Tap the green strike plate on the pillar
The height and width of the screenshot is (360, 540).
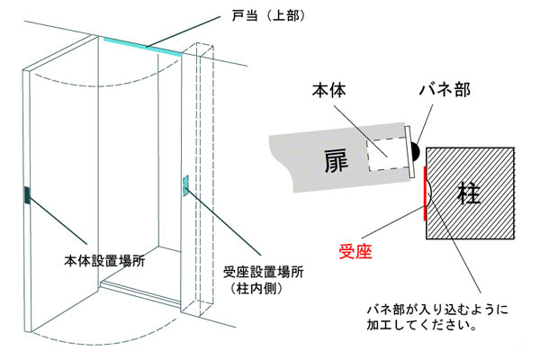[x=185, y=185]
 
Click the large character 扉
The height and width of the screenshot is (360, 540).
[x=337, y=161]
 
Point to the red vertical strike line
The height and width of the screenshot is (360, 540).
[x=423, y=194]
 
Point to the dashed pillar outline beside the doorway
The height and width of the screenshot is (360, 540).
[x=208, y=180]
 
